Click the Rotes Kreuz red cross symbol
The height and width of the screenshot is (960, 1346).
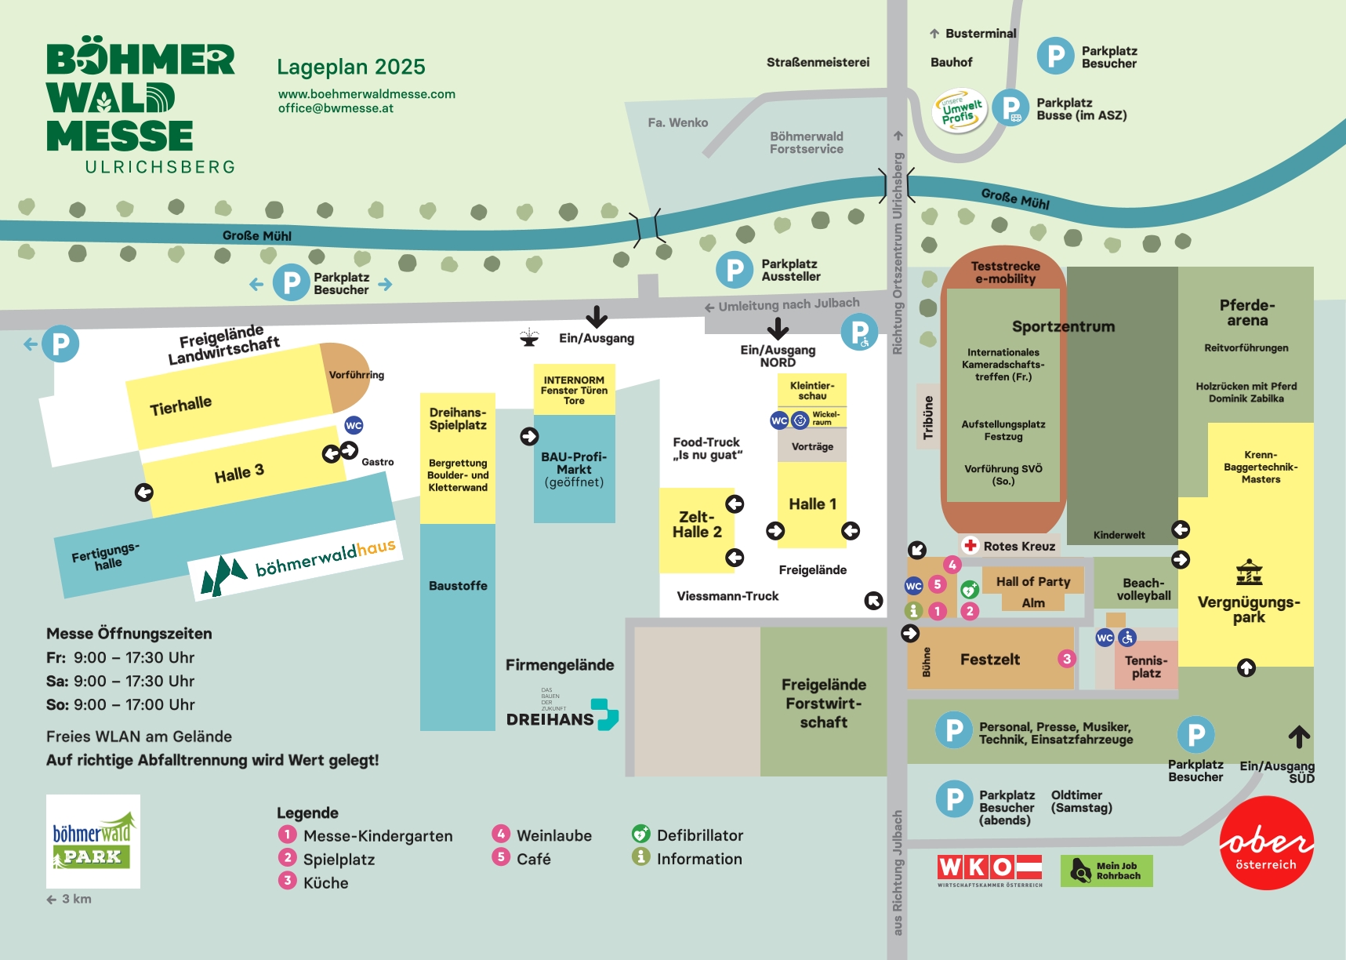[970, 545]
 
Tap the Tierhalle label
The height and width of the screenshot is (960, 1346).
[181, 406]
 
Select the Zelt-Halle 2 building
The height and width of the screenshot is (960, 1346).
[697, 530]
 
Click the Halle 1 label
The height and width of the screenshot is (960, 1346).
[812, 504]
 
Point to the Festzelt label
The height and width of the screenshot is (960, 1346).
[990, 659]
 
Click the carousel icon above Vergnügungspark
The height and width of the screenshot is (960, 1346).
[1249, 573]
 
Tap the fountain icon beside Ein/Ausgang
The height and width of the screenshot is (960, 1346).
[529, 337]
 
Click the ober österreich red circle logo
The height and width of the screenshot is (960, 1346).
[1266, 842]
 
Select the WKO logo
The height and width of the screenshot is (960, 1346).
[990, 870]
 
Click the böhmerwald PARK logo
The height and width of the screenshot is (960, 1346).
[93, 842]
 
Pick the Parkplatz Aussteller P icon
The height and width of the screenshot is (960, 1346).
[735, 270]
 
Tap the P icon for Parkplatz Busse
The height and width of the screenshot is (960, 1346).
[1010, 108]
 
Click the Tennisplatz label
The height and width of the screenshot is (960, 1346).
[1146, 667]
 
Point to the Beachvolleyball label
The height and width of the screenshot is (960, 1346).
[1144, 589]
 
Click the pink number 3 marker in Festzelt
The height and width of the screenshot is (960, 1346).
[1066, 659]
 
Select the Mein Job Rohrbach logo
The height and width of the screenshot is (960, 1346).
[1106, 871]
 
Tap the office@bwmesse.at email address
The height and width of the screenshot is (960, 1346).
[336, 108]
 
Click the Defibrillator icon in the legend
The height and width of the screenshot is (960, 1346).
[640, 834]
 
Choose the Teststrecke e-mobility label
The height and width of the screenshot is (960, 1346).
[1005, 272]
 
